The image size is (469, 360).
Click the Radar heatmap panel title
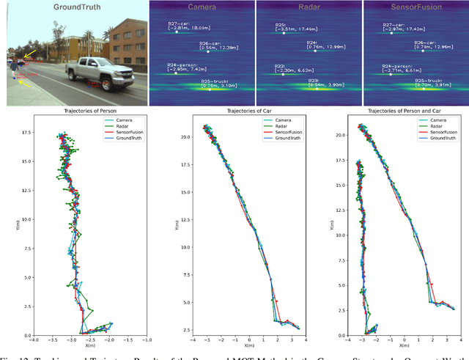point(308,7)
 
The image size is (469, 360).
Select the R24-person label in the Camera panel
point(184,65)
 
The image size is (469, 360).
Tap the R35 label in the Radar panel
point(281,25)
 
